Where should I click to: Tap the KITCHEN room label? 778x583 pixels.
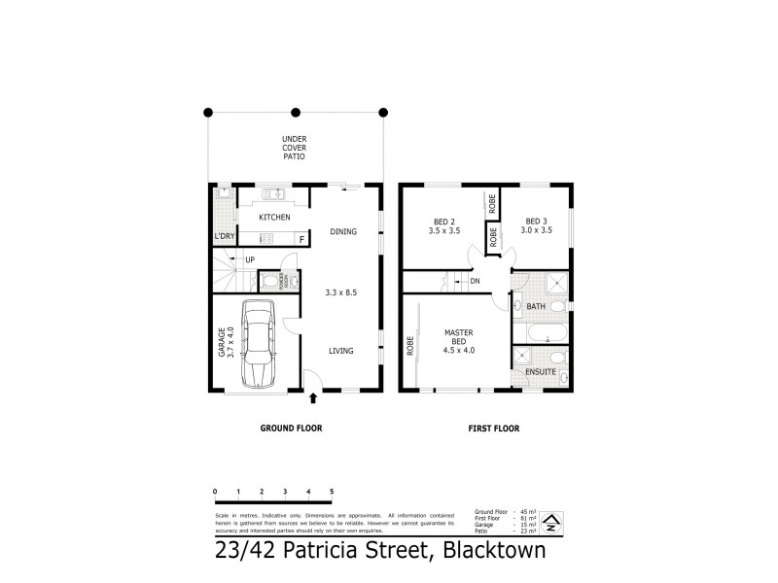(274, 217)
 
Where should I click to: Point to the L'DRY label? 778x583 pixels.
(225, 236)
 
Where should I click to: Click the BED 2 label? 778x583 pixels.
(442, 225)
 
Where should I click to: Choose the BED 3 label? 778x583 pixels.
(538, 225)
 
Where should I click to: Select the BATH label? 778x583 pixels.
(536, 307)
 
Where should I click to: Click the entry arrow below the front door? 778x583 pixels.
(313, 396)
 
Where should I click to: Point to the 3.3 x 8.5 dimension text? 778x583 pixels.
(339, 291)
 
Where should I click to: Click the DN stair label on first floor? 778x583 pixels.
(475, 282)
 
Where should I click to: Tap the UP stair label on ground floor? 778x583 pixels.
(250, 259)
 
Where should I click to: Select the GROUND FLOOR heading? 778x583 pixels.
(290, 428)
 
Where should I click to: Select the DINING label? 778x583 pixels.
(343, 231)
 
